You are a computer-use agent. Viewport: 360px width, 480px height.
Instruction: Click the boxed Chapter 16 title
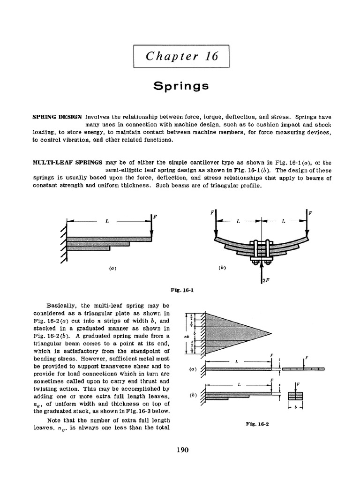point(182,56)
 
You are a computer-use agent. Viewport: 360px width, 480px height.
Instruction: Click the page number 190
point(182,450)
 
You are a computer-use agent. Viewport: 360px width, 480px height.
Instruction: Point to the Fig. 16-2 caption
point(256,423)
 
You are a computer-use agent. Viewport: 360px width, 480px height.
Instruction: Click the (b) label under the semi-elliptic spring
point(222,268)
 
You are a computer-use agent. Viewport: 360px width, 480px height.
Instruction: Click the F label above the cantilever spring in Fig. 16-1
point(155,217)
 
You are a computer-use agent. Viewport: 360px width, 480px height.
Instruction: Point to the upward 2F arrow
point(261,272)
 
